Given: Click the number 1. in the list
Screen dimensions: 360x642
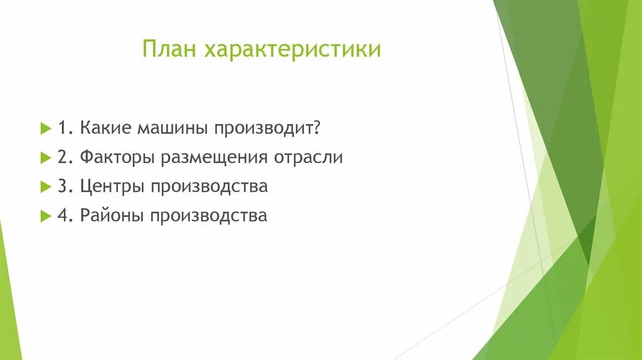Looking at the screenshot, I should click(x=66, y=128).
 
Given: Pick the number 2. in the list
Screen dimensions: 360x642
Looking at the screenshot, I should click(x=66, y=157).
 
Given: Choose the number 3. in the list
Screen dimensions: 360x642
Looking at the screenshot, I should click(x=66, y=187).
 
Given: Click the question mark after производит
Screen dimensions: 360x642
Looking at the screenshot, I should click(x=318, y=128).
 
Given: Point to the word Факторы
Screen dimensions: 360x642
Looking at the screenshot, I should click(x=118, y=158).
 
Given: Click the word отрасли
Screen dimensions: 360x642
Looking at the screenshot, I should click(x=308, y=158).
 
